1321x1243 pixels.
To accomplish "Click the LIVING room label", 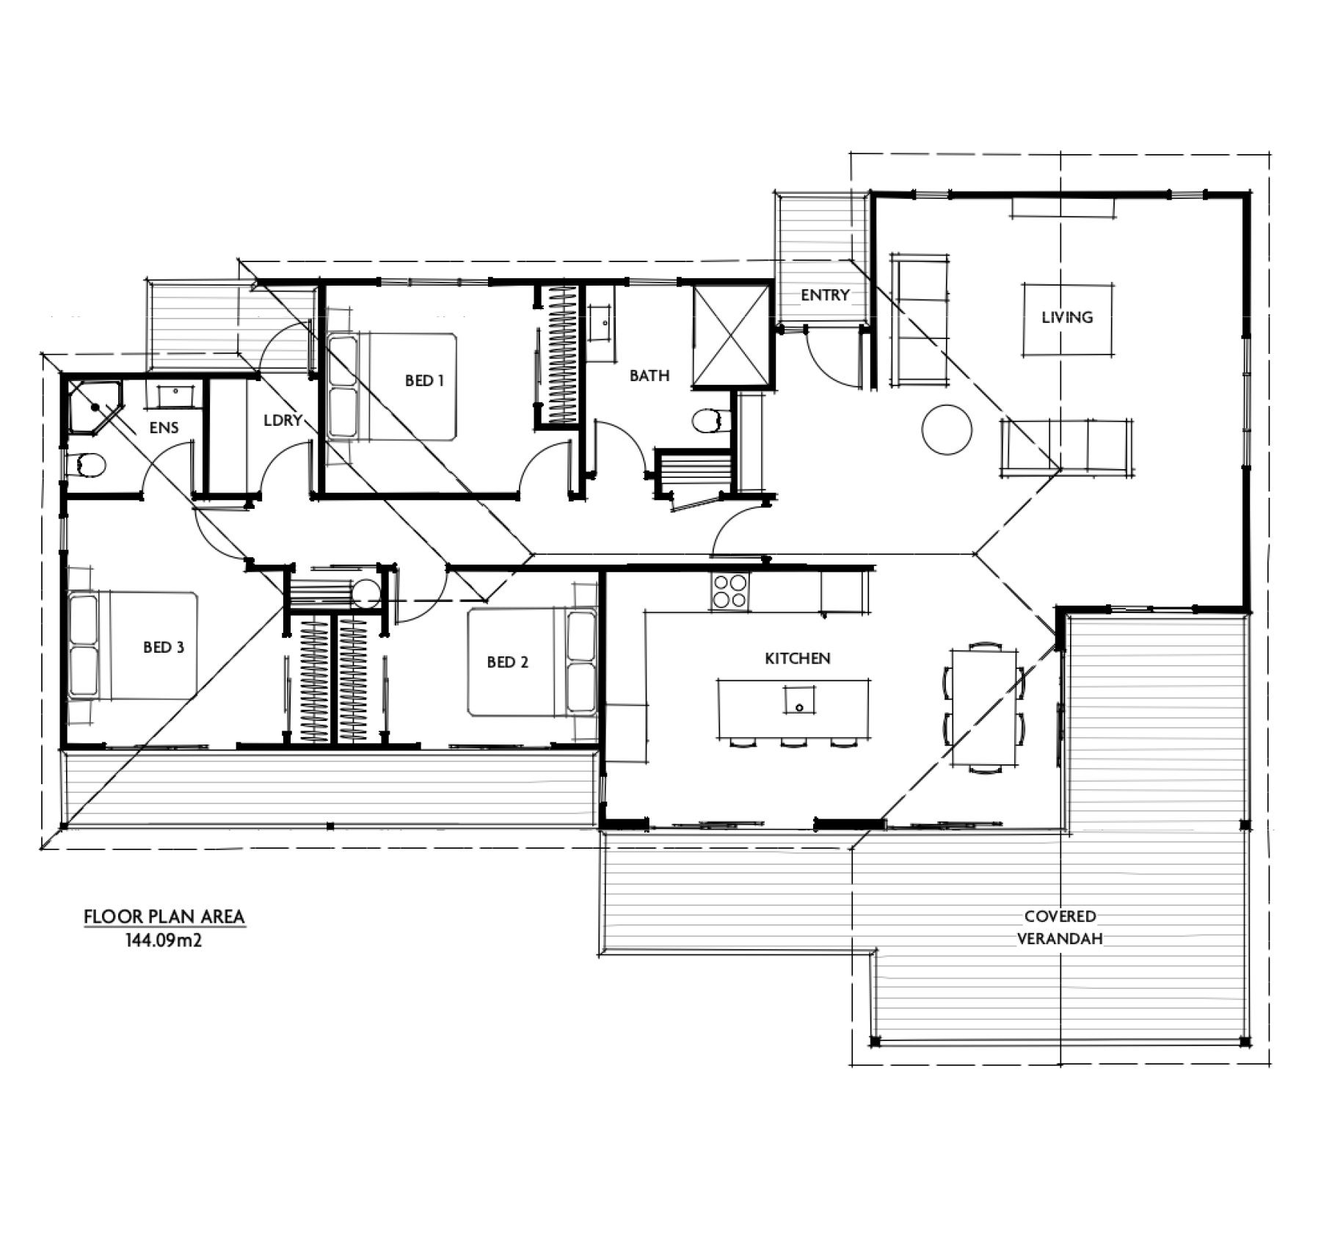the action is pyautogui.click(x=1067, y=317).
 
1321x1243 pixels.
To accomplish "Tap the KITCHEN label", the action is pyautogui.click(x=798, y=659).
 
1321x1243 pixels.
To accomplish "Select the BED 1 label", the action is pyautogui.click(x=424, y=380).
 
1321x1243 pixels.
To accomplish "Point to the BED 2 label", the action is pyautogui.click(x=507, y=662).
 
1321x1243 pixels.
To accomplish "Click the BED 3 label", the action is pyautogui.click(x=164, y=647).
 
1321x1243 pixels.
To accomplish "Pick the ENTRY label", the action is pyautogui.click(x=825, y=295).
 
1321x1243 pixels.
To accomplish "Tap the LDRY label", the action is pyautogui.click(x=283, y=421).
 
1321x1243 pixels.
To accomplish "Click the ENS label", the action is pyautogui.click(x=164, y=427).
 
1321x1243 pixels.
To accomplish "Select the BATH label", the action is pyautogui.click(x=649, y=376).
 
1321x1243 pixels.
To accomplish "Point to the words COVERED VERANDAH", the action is pyautogui.click(x=1060, y=927).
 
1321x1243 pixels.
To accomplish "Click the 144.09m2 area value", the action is pyautogui.click(x=164, y=940).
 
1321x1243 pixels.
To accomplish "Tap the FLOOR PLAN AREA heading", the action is pyautogui.click(x=164, y=916).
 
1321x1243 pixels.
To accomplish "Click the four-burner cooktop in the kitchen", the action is pyautogui.click(x=729, y=591).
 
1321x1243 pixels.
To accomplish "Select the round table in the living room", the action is pyautogui.click(x=947, y=430).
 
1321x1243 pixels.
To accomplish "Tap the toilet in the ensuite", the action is pyautogui.click(x=85, y=465).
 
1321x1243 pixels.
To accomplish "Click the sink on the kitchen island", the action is pyautogui.click(x=799, y=700).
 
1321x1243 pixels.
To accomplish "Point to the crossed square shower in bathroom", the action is pyautogui.click(x=731, y=336).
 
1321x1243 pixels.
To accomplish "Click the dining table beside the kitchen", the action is pyautogui.click(x=984, y=708).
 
